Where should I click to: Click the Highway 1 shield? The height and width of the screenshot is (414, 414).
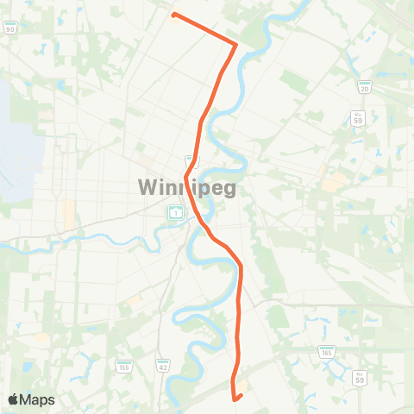coord(174,212)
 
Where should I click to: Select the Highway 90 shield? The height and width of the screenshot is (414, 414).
coord(10,28)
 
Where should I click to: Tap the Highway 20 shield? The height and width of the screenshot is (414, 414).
coord(365,86)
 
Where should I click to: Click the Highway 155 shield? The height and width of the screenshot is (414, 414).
coord(124,367)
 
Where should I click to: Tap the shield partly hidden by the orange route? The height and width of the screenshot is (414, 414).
coord(192,160)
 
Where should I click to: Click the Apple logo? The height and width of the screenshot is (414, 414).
coord(13,399)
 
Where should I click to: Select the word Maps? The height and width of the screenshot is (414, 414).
coord(37,399)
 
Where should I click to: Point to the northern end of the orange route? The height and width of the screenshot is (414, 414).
coord(174,15)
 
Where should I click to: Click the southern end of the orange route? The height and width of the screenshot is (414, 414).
coord(235,398)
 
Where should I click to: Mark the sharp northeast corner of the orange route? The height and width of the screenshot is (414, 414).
coord(236,43)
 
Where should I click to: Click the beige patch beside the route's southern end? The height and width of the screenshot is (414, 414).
coord(244,386)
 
